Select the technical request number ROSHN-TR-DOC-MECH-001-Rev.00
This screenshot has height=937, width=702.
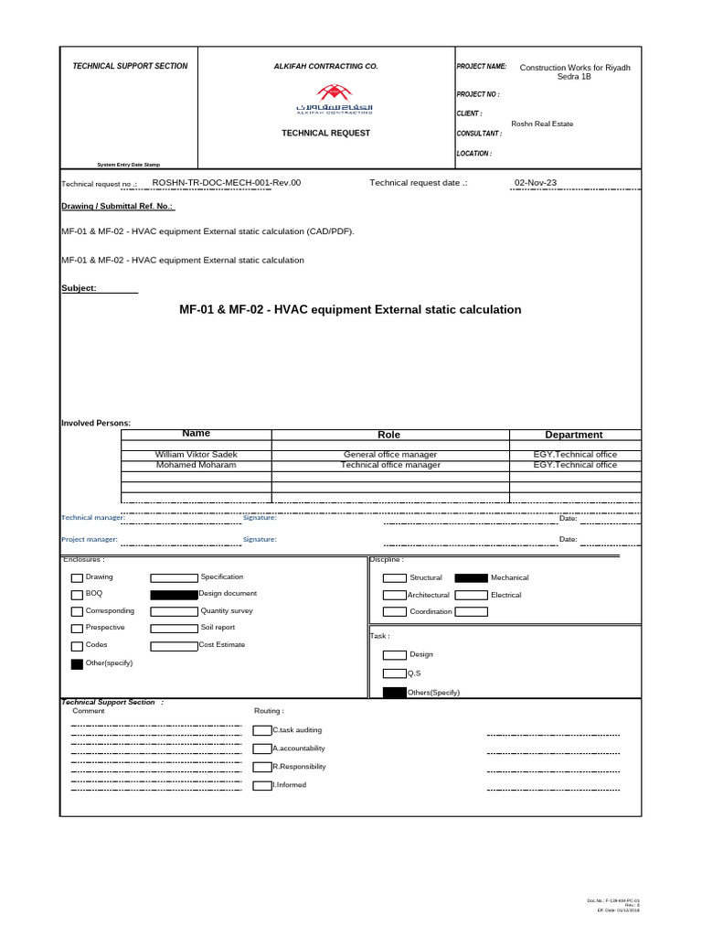(x=226, y=183)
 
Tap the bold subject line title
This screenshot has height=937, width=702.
(x=350, y=310)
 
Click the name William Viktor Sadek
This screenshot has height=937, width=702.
(x=197, y=455)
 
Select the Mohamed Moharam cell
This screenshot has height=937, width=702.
(x=197, y=465)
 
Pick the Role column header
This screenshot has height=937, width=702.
(x=389, y=435)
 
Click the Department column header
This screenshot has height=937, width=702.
(x=574, y=435)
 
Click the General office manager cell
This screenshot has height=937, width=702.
(x=389, y=455)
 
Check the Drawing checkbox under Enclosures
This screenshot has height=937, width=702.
(x=77, y=578)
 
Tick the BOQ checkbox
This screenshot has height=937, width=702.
(x=77, y=595)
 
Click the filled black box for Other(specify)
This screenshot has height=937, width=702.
(x=77, y=664)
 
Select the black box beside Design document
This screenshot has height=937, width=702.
(x=174, y=595)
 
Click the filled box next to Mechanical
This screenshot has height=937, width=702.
(x=471, y=578)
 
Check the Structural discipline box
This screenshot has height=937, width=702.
(x=394, y=578)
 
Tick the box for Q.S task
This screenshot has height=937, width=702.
(x=394, y=673)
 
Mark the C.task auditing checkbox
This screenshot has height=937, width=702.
(x=262, y=730)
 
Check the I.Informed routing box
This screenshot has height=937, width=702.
(x=262, y=785)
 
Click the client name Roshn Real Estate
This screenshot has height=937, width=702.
(x=542, y=124)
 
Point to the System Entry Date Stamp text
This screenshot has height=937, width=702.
(x=129, y=165)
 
